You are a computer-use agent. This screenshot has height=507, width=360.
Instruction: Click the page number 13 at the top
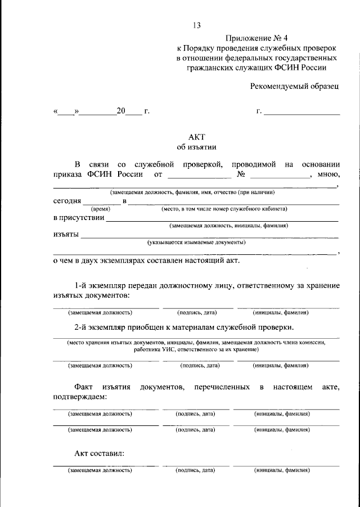coord(196,25)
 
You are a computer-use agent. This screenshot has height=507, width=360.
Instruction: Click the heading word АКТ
coord(196,136)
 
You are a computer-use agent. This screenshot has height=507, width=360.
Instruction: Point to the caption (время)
coord(101,208)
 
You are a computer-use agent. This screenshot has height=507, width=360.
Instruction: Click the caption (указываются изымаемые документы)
coord(197,243)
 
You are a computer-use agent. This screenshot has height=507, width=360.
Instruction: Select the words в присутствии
coord(79,218)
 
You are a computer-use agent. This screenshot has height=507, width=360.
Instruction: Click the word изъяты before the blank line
coord(66,235)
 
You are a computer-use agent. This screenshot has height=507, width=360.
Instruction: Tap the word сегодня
coord(67,201)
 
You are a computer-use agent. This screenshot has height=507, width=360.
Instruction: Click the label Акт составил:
coord(100,453)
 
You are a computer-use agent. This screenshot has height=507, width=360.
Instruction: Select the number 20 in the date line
coord(121,111)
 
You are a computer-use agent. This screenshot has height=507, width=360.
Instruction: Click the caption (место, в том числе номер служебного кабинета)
coord(224,208)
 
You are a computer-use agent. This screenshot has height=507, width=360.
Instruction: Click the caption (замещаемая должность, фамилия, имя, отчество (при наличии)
coord(196,192)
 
